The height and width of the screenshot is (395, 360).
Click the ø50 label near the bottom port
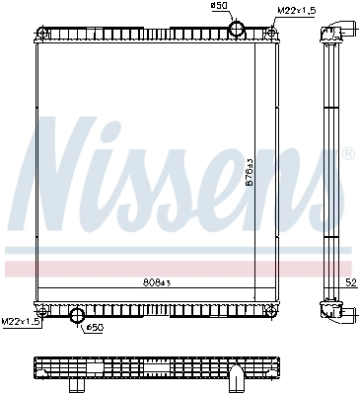[x=95, y=327]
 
